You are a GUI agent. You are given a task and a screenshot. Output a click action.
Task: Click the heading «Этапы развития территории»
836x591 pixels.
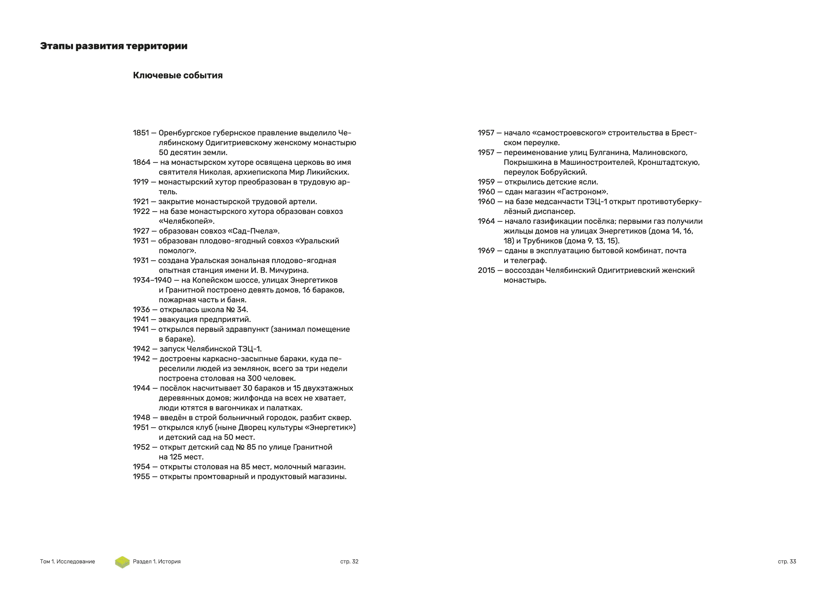(114, 46)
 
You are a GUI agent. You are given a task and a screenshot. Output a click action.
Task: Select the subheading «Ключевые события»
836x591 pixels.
(178, 75)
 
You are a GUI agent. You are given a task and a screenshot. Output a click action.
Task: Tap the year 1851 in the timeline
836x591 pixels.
(141, 133)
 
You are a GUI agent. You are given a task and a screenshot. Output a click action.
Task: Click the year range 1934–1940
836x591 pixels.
(152, 280)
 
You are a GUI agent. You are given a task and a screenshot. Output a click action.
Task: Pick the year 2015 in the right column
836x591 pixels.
(486, 270)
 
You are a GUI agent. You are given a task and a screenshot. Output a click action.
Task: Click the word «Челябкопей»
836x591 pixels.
(186, 221)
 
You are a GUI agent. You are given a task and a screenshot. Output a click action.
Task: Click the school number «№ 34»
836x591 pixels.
(237, 310)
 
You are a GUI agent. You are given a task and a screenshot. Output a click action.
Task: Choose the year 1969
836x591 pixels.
(486, 251)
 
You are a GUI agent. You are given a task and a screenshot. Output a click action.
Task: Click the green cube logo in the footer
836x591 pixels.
(122, 562)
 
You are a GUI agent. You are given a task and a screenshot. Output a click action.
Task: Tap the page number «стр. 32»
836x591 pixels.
(349, 562)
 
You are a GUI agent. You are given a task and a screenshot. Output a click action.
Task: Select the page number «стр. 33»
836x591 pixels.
(787, 562)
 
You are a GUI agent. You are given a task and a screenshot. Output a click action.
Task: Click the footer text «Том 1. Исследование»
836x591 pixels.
(67, 562)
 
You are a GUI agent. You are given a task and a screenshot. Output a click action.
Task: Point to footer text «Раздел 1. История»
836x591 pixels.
(157, 562)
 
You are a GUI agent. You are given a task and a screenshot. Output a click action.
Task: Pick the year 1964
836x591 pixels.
(486, 221)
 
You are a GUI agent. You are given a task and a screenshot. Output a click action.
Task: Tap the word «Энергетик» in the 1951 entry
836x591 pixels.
(328, 428)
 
